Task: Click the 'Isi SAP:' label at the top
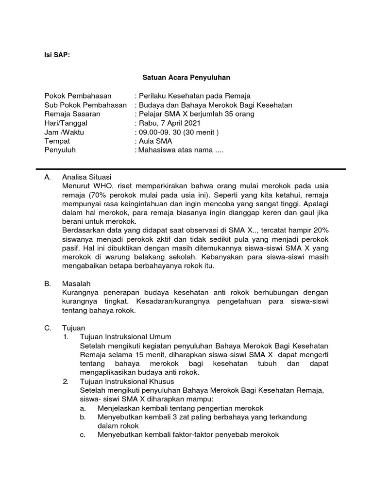tap(57, 55)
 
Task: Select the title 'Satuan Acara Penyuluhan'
tap(186, 77)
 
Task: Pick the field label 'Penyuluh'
tap(60, 150)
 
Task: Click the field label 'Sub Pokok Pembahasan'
tap(85, 105)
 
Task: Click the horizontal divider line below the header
tap(191, 169)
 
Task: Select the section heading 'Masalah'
tap(76, 283)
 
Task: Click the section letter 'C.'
tap(48, 328)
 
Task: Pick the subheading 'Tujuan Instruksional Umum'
tap(125, 337)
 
